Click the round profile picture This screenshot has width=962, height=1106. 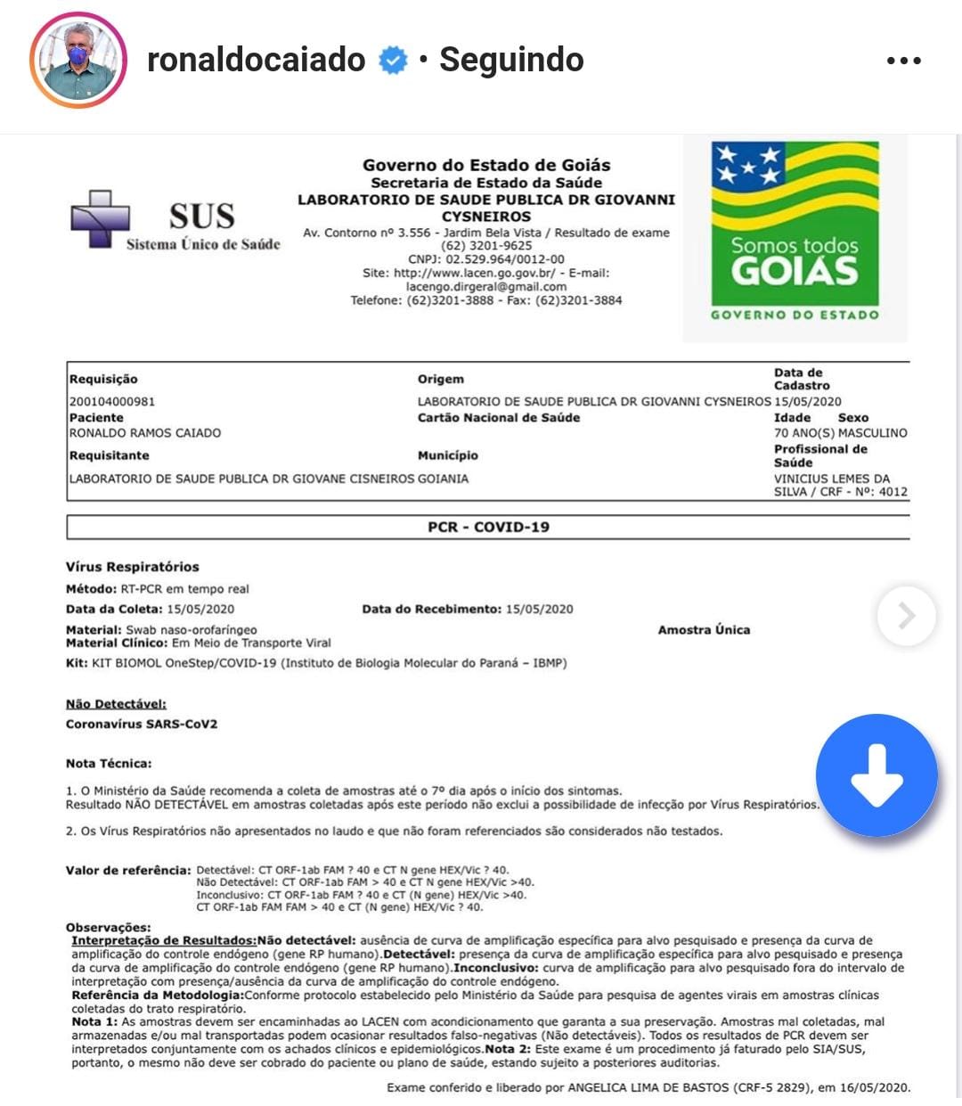tap(78, 61)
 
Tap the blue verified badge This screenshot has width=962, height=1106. tap(393, 61)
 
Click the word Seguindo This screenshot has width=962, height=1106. tap(511, 61)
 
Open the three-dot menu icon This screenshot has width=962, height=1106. tap(903, 61)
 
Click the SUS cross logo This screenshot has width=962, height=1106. tap(100, 217)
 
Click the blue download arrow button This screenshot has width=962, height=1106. tap(876, 774)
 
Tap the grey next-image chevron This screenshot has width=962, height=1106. tap(906, 615)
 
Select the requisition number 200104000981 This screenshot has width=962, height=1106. tap(112, 401)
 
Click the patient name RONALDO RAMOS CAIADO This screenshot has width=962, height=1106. tap(145, 433)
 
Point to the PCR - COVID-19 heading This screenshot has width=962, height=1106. tap(488, 527)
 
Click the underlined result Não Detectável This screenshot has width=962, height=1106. tap(116, 704)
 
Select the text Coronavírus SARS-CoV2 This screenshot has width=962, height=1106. tap(142, 724)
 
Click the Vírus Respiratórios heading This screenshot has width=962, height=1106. tap(133, 567)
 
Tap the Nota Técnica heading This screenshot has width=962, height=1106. tap(109, 763)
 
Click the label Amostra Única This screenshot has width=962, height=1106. tap(704, 629)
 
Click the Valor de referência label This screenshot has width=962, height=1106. tap(128, 870)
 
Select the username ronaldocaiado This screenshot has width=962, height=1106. tap(257, 61)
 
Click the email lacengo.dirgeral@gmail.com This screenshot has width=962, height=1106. tap(486, 287)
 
